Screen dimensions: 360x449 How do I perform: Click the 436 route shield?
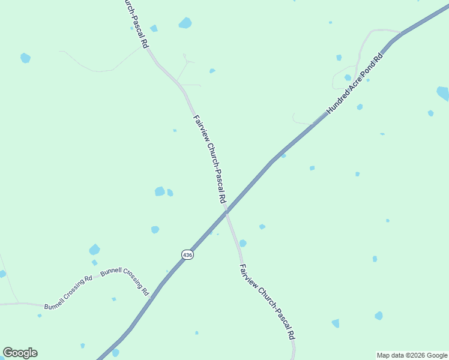tap(187, 255)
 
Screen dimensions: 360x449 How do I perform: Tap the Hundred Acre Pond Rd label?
tap(354, 85)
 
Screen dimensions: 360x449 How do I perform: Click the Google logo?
tap(20, 353)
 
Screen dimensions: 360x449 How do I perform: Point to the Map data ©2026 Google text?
tap(412, 355)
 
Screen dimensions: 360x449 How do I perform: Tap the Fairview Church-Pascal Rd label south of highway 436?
tap(267, 302)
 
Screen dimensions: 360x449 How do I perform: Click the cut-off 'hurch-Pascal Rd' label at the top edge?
tap(136, 23)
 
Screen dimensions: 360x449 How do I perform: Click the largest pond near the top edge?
tap(185, 23)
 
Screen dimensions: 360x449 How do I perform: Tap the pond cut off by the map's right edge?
tap(443, 93)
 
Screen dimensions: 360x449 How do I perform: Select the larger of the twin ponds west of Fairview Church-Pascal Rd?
tap(160, 191)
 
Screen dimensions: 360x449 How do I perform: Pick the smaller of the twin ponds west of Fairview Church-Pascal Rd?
tap(170, 193)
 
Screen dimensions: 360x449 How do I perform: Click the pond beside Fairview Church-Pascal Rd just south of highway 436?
tap(243, 243)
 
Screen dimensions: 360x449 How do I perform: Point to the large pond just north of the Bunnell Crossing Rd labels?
tap(94, 249)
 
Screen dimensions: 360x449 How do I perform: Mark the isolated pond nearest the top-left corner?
tap(25, 58)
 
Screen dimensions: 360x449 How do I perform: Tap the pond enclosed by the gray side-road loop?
tap(348, 77)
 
